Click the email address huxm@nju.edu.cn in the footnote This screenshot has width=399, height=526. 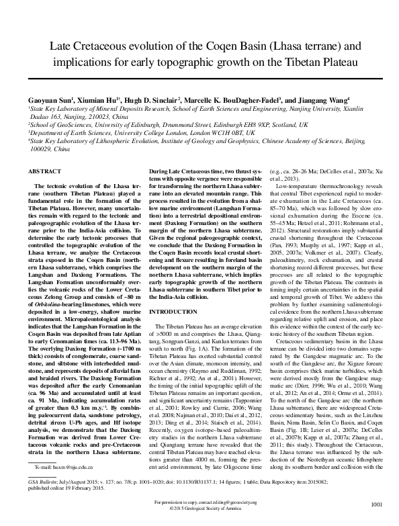[x=68, y=465]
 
